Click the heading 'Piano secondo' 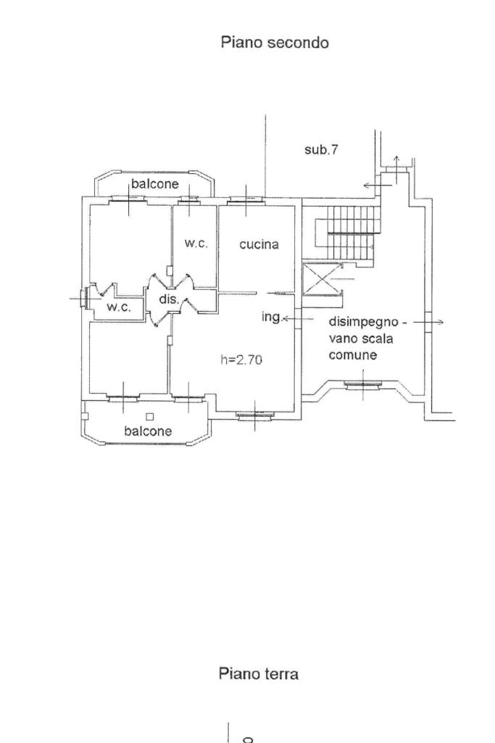pos(275,43)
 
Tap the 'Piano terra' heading pos(259,673)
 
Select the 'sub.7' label pos(321,150)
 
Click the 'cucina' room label pos(259,244)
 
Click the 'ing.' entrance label pos(272,317)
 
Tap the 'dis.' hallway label pos(169,299)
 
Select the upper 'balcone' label pos(155,183)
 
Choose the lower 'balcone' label pos(148,431)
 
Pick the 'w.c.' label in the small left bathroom pos(118,307)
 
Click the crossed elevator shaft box pos(322,278)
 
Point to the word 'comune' pos(353,355)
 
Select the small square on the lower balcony pos(150,417)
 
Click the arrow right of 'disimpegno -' pos(428,323)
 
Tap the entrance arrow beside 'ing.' pos(298,319)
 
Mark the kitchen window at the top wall pos(246,201)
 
